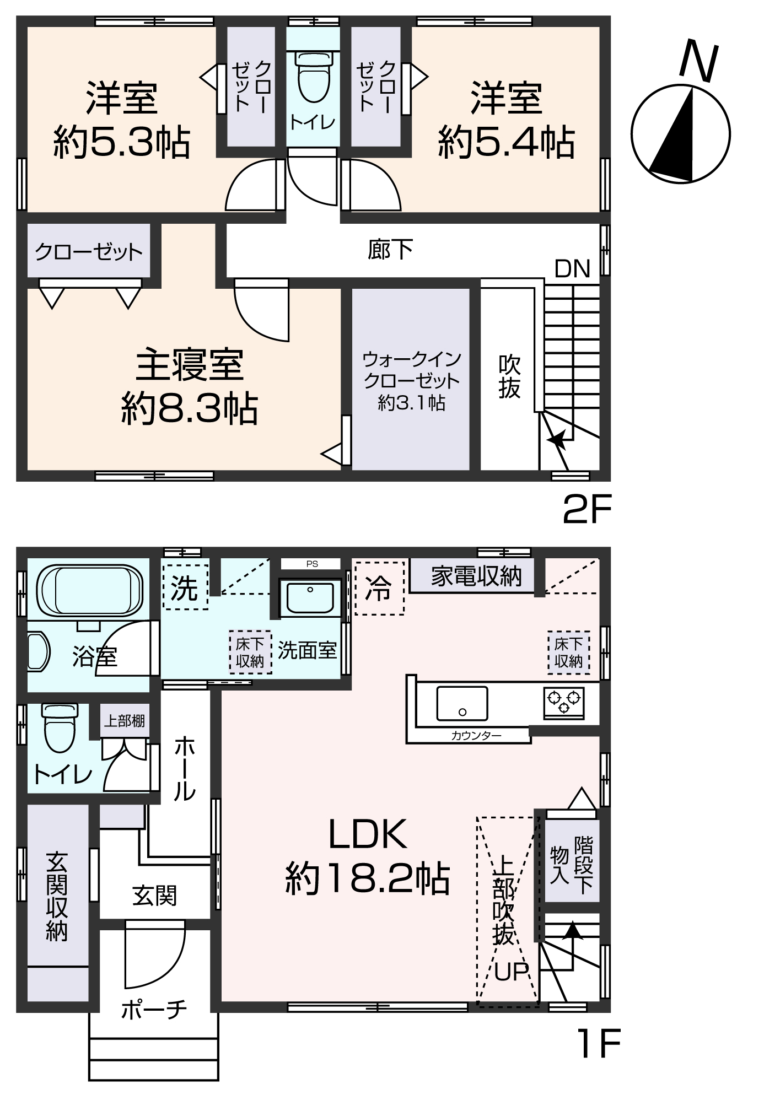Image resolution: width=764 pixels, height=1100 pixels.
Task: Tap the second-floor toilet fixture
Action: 313,77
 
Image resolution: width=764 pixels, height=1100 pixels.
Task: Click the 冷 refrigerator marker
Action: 379,588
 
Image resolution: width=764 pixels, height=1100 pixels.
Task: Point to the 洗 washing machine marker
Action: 185,588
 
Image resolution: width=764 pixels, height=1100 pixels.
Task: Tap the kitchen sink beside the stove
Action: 462,703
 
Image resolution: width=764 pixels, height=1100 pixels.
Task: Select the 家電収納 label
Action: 476,576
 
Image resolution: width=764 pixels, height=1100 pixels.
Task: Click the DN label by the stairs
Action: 572,269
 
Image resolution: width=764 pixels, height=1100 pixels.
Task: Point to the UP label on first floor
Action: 511,972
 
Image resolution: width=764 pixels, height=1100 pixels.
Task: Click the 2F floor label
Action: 587,510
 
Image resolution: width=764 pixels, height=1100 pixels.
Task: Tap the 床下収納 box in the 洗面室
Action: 250,652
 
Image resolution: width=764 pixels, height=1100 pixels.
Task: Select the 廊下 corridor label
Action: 390,250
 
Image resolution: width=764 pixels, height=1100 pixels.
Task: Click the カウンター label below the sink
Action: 476,736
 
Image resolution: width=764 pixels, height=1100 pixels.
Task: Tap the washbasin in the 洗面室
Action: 310,598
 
